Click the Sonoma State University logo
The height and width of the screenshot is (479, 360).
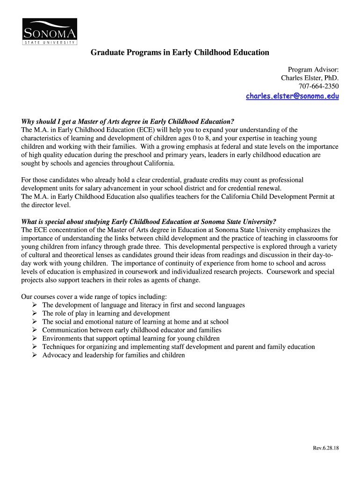point(50,32)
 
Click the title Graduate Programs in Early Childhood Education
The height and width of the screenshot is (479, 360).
point(180,52)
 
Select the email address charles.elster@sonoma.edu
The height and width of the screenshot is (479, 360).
point(292,96)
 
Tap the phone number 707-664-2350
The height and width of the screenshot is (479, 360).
point(318,86)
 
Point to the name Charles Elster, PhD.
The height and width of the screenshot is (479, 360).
point(310,78)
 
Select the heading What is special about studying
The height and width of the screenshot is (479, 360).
point(149,221)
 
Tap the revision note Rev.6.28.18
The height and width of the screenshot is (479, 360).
point(326,448)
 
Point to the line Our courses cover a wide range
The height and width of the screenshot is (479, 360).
point(94,297)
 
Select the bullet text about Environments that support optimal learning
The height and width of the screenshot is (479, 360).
point(131,338)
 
